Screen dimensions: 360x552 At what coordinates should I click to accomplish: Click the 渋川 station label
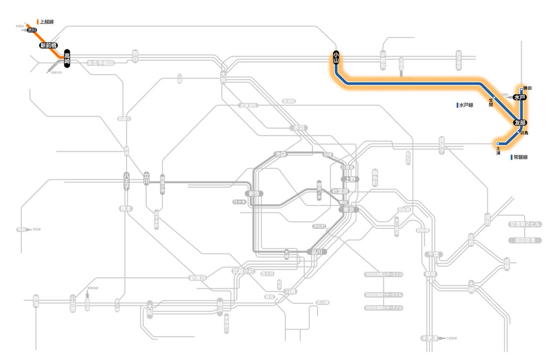click(32, 30)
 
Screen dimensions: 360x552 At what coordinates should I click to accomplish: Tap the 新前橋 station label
click(48, 45)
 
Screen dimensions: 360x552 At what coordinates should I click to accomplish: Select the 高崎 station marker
click(67, 58)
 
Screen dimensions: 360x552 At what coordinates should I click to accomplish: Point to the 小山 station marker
click(336, 58)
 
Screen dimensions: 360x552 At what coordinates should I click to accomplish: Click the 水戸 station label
click(520, 98)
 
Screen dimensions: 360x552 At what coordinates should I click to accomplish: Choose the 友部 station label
click(520, 123)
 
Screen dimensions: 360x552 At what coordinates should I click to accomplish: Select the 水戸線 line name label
click(466, 105)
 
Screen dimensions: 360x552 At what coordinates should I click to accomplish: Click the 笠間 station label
click(491, 103)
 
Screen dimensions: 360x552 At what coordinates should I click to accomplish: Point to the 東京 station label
click(348, 209)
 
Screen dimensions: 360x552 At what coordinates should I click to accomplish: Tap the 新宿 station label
click(254, 194)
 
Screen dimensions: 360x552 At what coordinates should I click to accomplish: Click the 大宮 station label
click(223, 77)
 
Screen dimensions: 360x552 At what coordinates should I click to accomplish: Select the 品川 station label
click(316, 251)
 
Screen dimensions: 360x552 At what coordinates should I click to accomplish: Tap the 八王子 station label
click(127, 178)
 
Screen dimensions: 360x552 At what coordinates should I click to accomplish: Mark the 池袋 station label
click(281, 154)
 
